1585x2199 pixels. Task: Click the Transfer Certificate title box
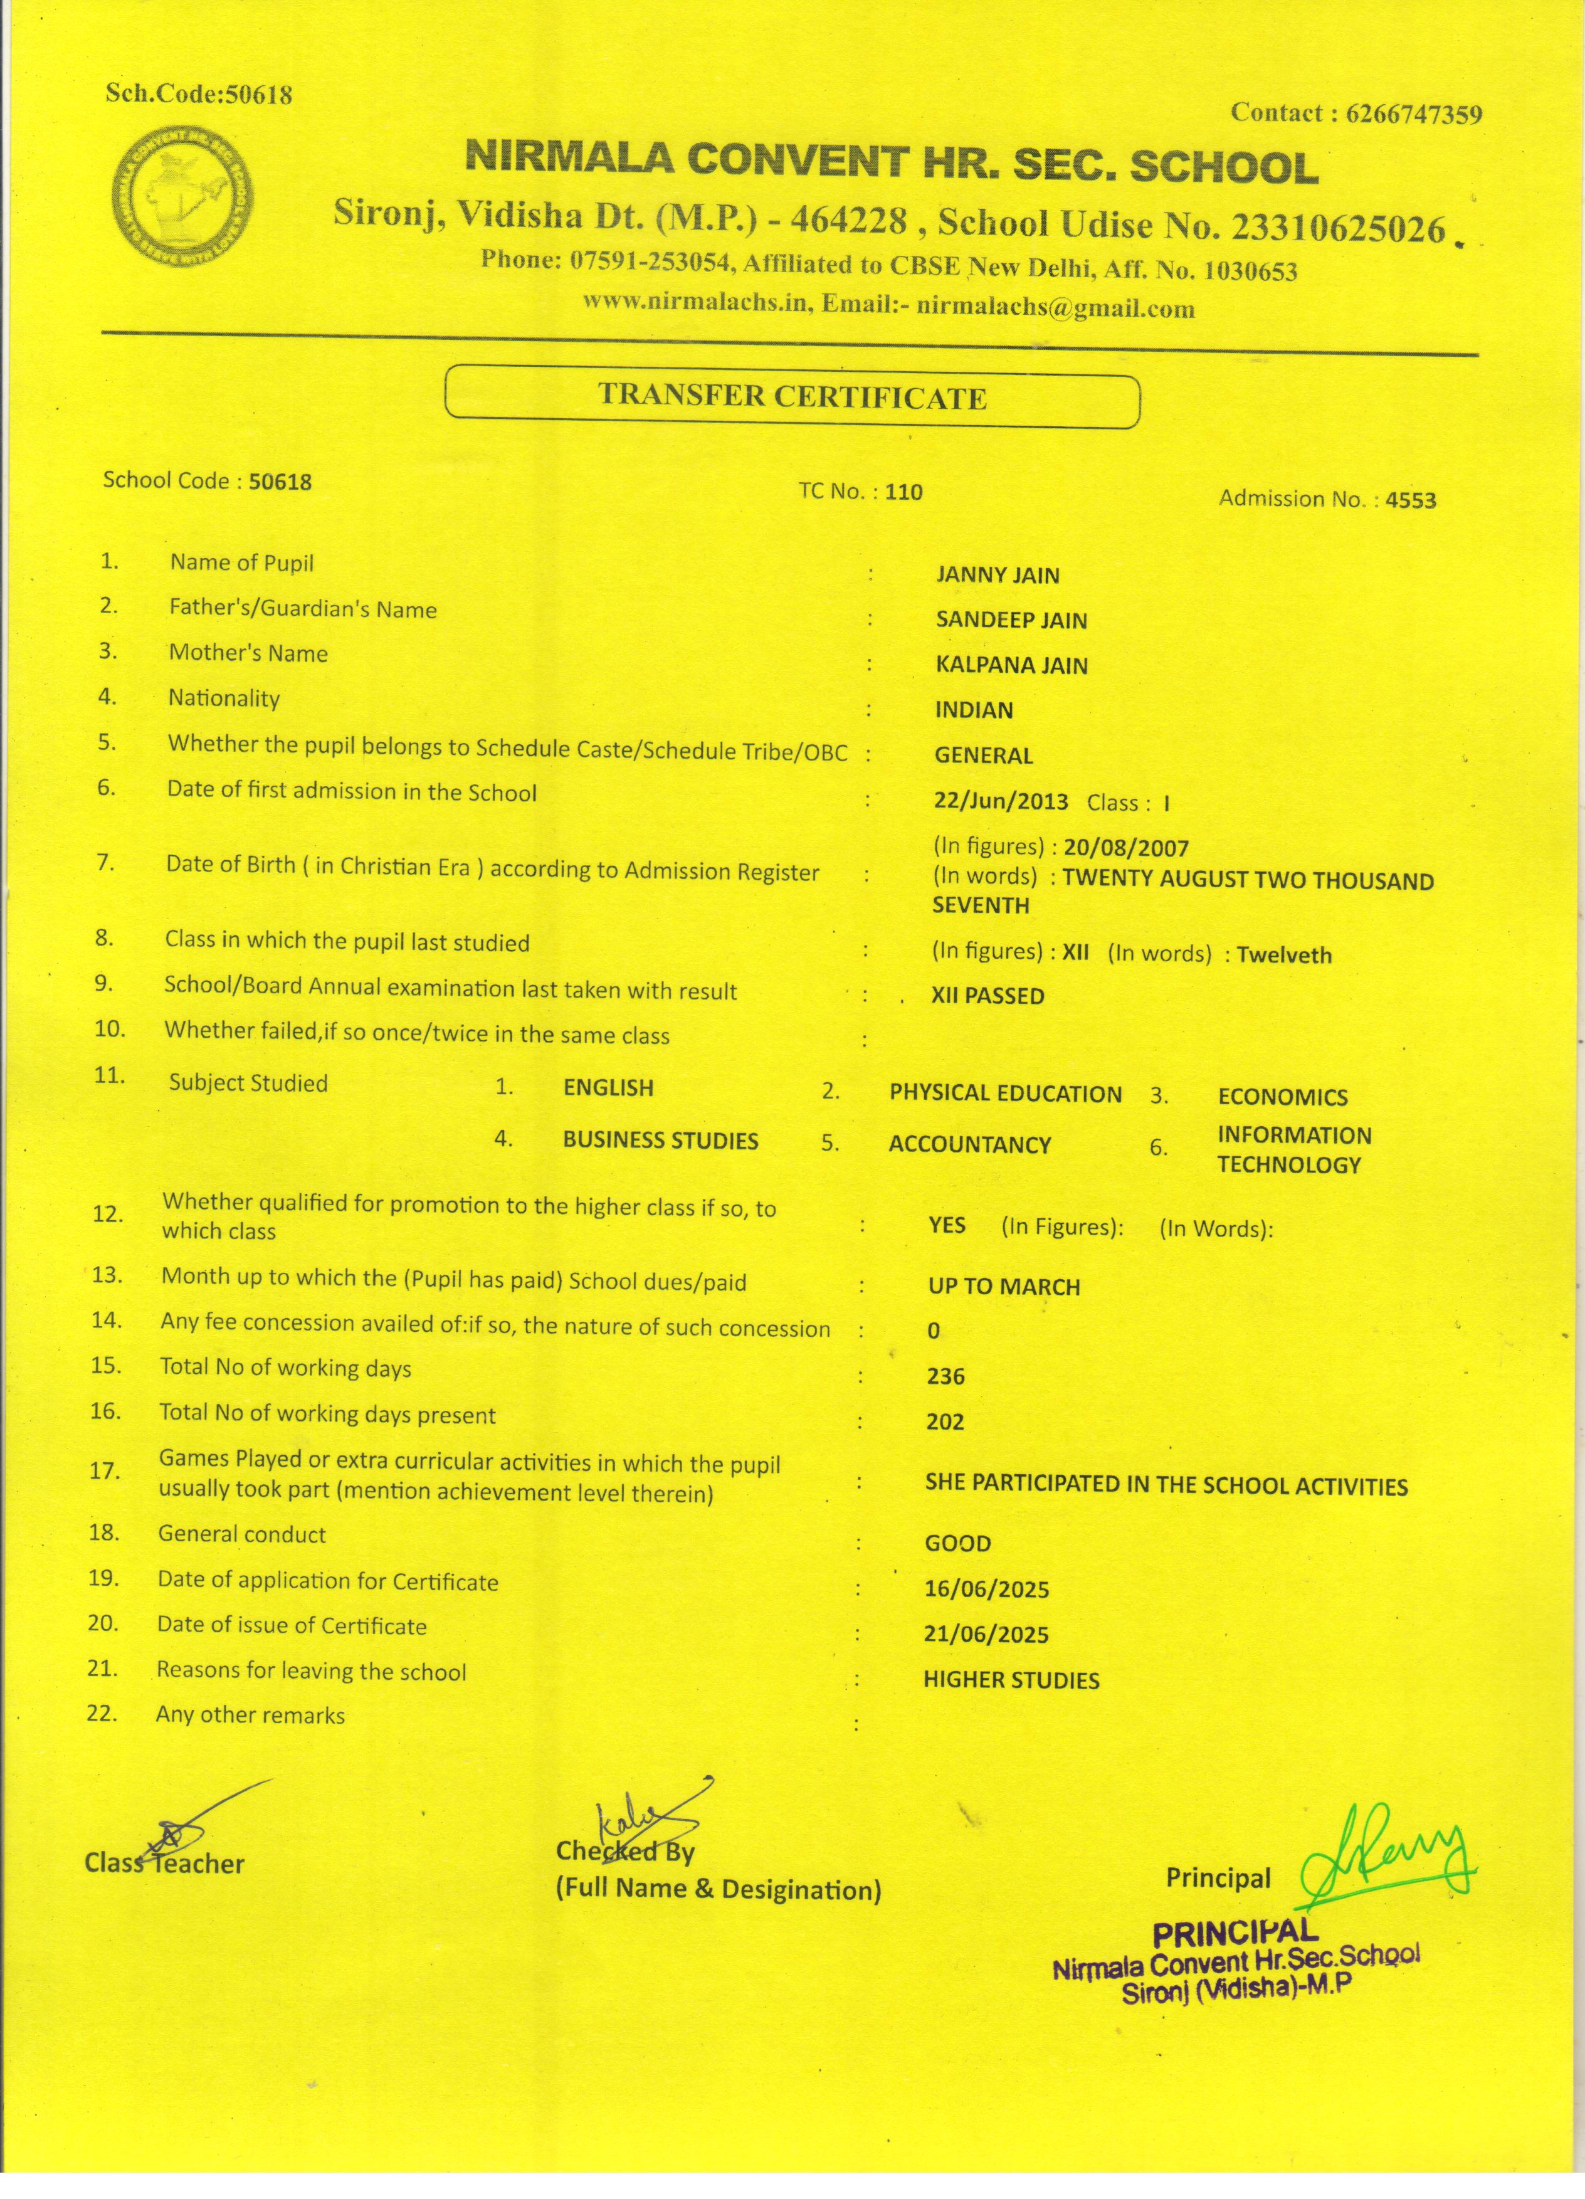tap(791, 396)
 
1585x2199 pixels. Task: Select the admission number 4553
tap(1411, 500)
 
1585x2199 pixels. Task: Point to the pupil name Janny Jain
tap(998, 575)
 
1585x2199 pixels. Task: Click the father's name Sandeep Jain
tap(1011, 621)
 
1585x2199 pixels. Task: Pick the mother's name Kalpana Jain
tap(1011, 666)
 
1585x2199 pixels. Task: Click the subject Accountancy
tap(969, 1145)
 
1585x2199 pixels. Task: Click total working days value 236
tap(945, 1377)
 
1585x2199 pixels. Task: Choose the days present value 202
tap(945, 1422)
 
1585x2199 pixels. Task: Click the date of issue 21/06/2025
tap(986, 1635)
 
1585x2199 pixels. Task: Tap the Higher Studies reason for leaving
tap(1011, 1680)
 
